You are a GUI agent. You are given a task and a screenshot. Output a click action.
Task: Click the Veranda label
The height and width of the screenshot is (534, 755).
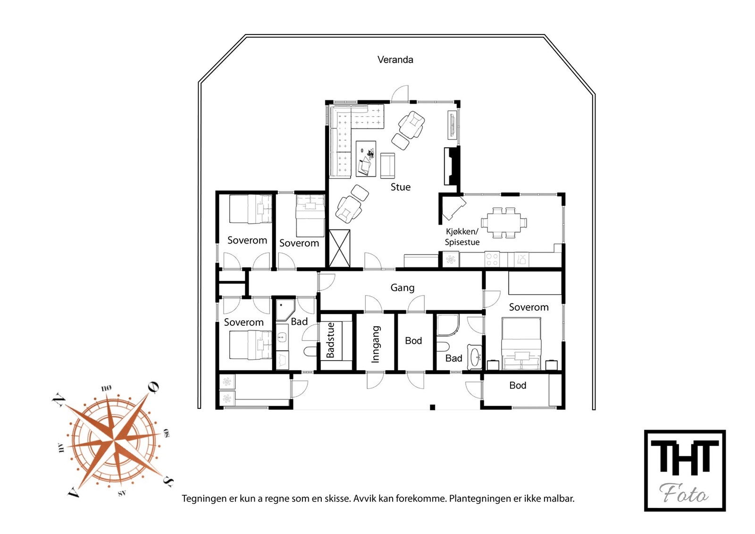(x=395, y=59)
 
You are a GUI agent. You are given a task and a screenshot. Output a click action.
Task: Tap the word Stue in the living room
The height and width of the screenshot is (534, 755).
(x=401, y=187)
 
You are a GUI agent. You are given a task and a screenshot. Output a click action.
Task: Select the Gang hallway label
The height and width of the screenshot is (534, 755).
(x=403, y=288)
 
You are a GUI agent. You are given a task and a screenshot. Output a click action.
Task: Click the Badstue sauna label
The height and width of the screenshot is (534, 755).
(x=331, y=340)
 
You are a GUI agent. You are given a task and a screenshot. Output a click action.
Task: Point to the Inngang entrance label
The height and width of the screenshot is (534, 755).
(x=376, y=344)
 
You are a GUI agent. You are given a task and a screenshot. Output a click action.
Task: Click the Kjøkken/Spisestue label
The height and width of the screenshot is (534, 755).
(x=462, y=237)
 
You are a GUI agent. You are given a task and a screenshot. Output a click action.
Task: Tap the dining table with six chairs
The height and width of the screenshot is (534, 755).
(x=504, y=223)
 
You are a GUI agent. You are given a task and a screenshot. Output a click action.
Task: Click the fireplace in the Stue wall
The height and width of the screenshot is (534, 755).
(x=452, y=166)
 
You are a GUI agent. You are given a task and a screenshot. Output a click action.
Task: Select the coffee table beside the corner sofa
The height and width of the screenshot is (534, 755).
(x=366, y=159)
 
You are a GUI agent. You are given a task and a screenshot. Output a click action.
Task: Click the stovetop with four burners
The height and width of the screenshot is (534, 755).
(x=492, y=259)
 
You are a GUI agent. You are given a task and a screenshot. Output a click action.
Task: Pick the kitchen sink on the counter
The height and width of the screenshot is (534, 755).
(x=521, y=259)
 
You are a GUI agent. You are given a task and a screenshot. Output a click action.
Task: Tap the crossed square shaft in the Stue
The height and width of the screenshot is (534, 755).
(x=339, y=248)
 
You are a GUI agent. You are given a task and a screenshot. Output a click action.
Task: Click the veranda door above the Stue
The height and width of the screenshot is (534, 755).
(x=400, y=93)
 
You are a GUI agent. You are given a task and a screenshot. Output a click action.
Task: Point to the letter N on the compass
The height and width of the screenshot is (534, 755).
(x=59, y=400)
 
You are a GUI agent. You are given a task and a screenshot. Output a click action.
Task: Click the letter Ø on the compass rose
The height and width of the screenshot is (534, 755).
(x=153, y=387)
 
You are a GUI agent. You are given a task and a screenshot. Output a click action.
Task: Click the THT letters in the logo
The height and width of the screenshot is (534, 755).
(x=685, y=458)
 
